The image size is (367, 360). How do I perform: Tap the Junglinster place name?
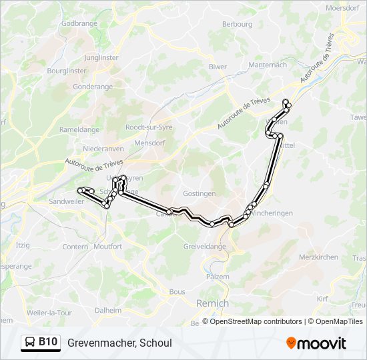(x=101, y=58)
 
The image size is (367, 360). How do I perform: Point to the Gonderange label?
(x=93, y=87)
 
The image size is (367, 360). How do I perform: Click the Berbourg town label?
(x=237, y=24)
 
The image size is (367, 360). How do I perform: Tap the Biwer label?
(x=218, y=67)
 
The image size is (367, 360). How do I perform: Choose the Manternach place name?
(x=267, y=65)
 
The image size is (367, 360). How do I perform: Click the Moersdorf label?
(x=342, y=8)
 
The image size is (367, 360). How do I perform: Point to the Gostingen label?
(x=200, y=193)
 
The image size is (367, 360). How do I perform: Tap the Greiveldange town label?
(x=204, y=246)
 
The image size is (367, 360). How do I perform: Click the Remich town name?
(x=212, y=303)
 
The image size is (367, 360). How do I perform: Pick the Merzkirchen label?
(x=318, y=257)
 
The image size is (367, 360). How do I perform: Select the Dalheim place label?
(x=108, y=310)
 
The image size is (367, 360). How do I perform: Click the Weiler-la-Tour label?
(x=49, y=313)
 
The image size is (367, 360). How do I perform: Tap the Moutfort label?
(x=107, y=246)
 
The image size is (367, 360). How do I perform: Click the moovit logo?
(x=316, y=343)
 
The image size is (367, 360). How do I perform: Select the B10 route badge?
(x=41, y=342)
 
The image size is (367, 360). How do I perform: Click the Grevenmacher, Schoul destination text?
(x=119, y=343)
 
